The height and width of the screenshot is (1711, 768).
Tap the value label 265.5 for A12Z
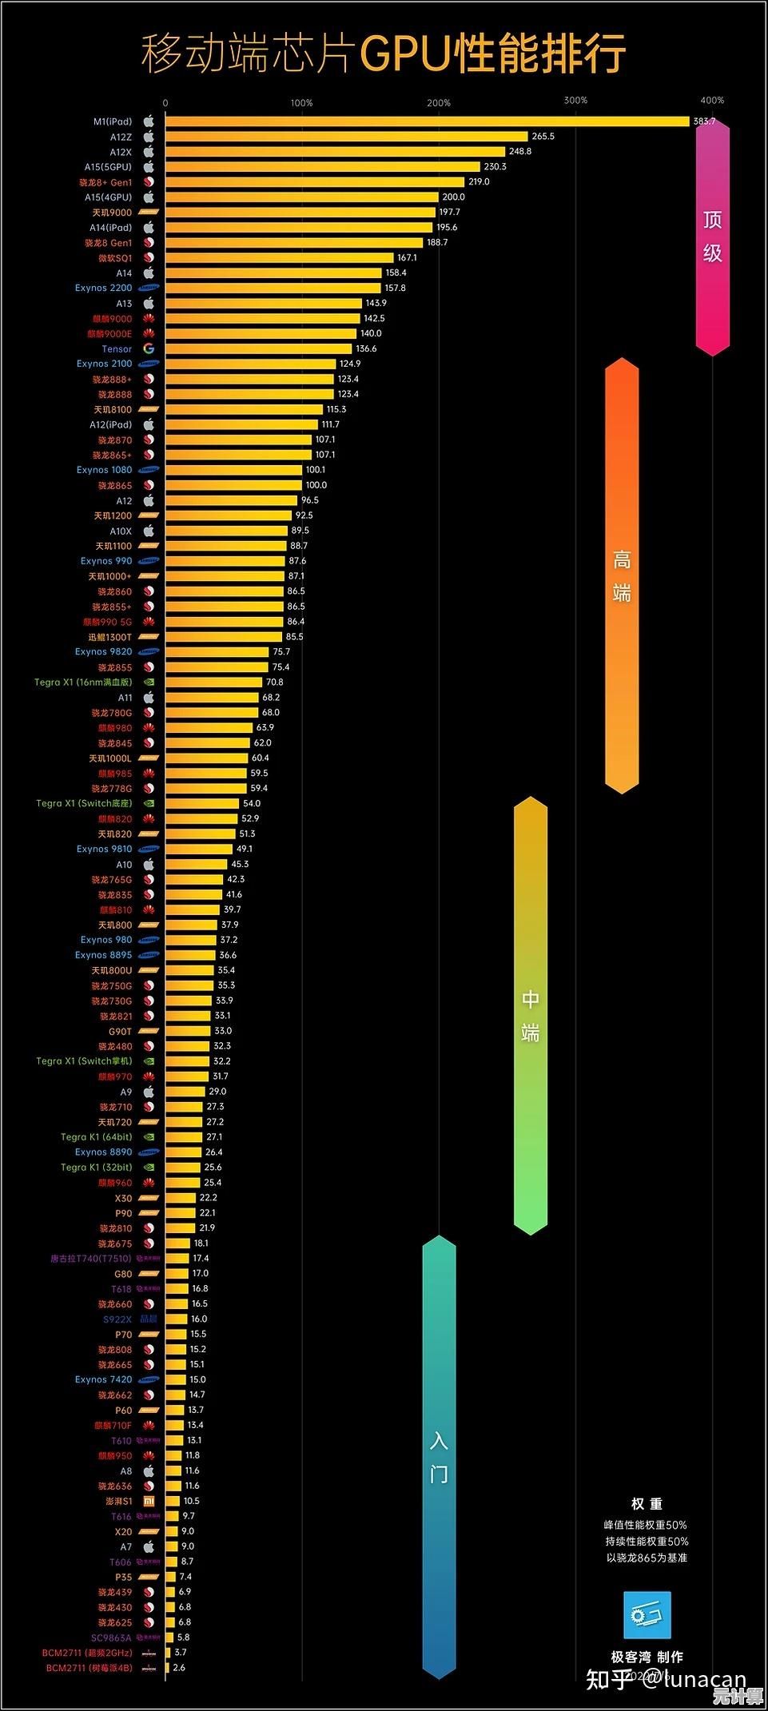coord(543,137)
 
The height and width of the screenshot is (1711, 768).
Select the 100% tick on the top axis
coord(302,103)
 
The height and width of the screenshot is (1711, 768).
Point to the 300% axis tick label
coord(575,101)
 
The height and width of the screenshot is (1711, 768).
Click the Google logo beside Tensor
coord(149,348)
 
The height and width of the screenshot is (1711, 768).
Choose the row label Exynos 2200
coord(104,288)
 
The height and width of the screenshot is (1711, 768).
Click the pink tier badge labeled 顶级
coord(712,237)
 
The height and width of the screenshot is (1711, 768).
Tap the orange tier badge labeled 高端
coord(622,575)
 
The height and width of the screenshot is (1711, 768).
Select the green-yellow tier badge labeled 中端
coord(530,1015)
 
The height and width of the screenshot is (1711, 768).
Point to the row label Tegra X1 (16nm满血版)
coord(83,682)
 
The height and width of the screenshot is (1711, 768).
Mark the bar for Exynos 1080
coord(233,470)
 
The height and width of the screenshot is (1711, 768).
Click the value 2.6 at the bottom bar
coord(179,1668)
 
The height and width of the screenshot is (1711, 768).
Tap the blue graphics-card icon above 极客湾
coord(647,1615)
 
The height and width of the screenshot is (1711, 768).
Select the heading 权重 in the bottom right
coord(647,1504)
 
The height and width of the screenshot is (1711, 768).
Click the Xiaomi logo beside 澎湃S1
coord(149,1501)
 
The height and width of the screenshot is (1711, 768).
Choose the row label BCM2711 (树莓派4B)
coord(89,1668)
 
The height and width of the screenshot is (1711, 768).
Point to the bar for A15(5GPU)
coord(322,167)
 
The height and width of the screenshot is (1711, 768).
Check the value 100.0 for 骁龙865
coord(316,485)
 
